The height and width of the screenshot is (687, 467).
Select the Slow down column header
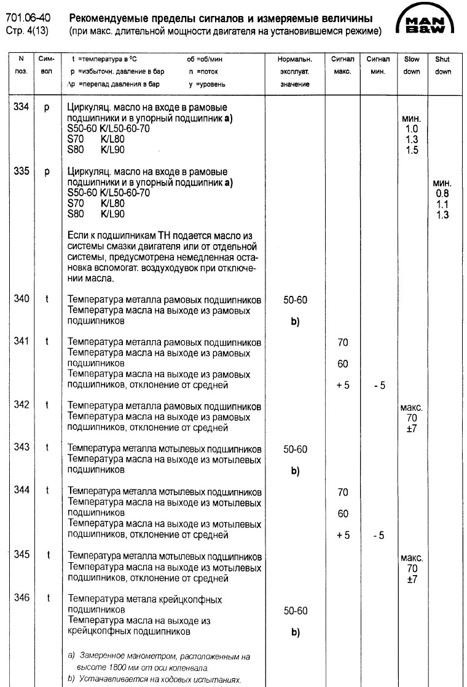pyautogui.click(x=411, y=66)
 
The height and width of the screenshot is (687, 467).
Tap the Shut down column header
pyautogui.click(x=442, y=66)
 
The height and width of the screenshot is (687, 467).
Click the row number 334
pyautogui.click(x=22, y=107)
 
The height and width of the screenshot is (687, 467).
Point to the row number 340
pyautogui.click(x=22, y=299)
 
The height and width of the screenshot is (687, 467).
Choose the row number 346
pyautogui.click(x=22, y=598)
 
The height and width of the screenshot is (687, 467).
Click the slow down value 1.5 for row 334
pyautogui.click(x=412, y=150)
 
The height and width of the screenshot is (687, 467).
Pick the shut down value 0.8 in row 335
pyautogui.click(x=442, y=193)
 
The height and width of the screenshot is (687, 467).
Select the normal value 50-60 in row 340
pyautogui.click(x=295, y=300)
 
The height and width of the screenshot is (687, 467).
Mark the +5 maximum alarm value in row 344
pyautogui.click(x=343, y=536)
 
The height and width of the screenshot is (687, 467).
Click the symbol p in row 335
pyautogui.click(x=47, y=172)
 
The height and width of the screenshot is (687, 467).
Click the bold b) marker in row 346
pyautogui.click(x=295, y=632)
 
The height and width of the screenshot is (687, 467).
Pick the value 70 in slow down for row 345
pyautogui.click(x=412, y=569)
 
